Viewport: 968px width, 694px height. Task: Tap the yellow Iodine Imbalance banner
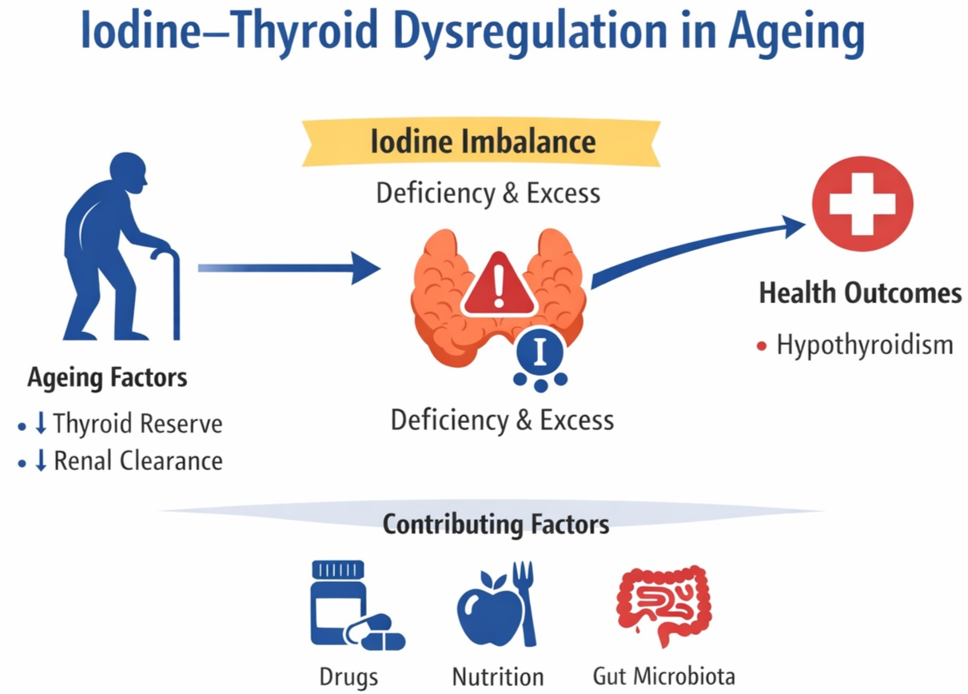(482, 142)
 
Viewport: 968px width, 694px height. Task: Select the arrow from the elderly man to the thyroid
(288, 268)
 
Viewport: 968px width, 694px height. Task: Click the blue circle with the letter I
(540, 350)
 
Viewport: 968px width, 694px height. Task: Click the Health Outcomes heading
(860, 293)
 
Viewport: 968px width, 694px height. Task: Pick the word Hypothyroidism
(865, 345)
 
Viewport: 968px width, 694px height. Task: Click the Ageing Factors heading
(107, 377)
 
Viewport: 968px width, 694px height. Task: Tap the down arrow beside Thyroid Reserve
(41, 424)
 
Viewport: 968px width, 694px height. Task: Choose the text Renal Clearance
(137, 461)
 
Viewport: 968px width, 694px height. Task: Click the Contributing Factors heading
(496, 524)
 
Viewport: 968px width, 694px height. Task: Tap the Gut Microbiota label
(663, 676)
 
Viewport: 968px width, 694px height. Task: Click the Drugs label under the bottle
(349, 676)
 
